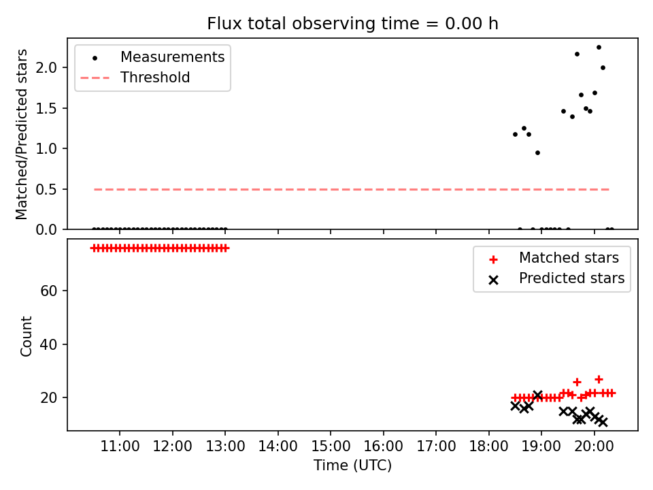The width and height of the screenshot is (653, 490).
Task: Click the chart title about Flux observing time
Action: [x=352, y=23]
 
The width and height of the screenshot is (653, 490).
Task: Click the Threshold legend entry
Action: [x=135, y=78]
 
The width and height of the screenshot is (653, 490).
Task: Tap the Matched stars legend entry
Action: [x=554, y=258]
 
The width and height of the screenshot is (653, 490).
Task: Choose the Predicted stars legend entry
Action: [x=557, y=278]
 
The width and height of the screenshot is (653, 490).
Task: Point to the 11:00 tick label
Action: [x=120, y=446]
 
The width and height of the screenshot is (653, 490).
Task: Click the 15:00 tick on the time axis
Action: [x=331, y=446]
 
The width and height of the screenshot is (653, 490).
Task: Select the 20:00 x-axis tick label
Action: [x=594, y=446]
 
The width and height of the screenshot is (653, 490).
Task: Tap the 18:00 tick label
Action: [x=488, y=446]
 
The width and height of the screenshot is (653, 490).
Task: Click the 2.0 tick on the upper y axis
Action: [x=46, y=67]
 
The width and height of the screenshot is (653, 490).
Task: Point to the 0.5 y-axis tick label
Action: [x=46, y=190]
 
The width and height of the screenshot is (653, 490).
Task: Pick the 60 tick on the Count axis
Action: [x=49, y=291]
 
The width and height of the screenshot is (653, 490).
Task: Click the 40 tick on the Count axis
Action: [x=49, y=344]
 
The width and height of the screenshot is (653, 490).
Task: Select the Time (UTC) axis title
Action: [x=352, y=465]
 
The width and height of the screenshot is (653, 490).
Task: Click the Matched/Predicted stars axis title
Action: [x=22, y=134]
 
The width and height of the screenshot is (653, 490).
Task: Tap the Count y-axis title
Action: [x=26, y=336]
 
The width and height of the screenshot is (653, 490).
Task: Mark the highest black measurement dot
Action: [x=599, y=48]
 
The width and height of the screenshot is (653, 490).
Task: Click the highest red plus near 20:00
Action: [x=599, y=380]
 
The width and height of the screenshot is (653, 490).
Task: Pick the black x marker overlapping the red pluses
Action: [x=537, y=395]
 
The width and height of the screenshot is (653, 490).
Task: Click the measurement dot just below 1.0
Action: [x=537, y=153]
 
